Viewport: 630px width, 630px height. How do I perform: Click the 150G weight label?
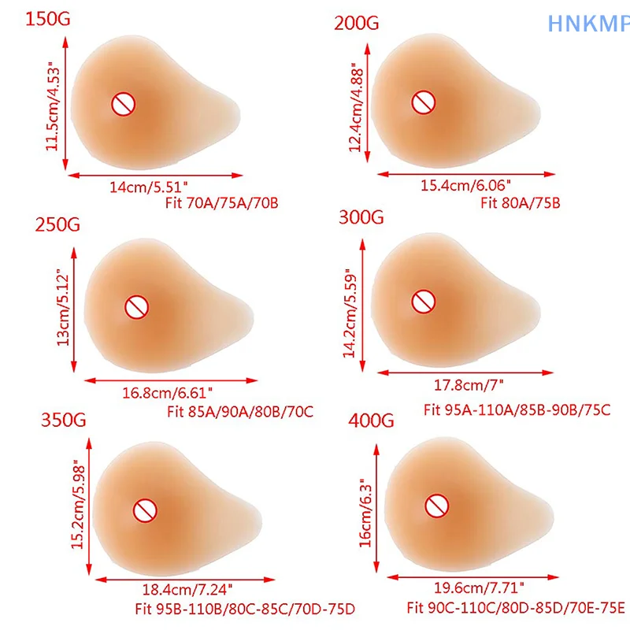coord(48,20)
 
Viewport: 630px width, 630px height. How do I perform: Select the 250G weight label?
coord(57,225)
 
